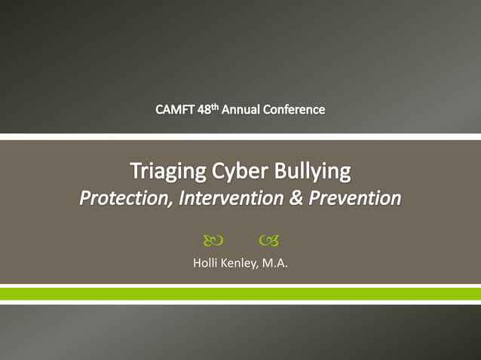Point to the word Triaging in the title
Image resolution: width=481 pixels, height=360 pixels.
tap(167, 172)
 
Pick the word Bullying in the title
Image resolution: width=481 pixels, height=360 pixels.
tap(313, 172)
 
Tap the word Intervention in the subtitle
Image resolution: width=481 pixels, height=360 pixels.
tap(223, 199)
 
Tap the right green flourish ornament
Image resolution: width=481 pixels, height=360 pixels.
tap(268, 241)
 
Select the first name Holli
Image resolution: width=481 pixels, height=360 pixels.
tap(207, 264)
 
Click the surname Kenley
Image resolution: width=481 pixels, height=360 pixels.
tap(240, 264)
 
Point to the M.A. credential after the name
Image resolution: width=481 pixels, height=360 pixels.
tap(275, 264)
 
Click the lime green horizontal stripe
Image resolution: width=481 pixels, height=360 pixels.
tap(240, 294)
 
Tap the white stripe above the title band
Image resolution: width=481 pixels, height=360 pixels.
tap(240, 137)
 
